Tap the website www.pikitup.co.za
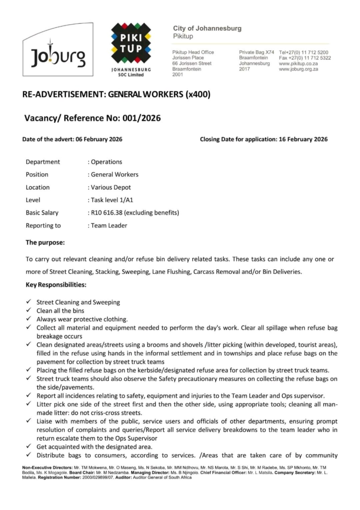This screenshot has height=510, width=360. click(x=299, y=64)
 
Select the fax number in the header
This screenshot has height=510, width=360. click(x=305, y=58)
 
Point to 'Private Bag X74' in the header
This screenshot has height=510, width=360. click(x=256, y=52)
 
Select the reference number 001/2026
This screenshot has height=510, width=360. click(x=139, y=118)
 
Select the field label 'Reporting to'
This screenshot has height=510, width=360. click(x=43, y=226)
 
